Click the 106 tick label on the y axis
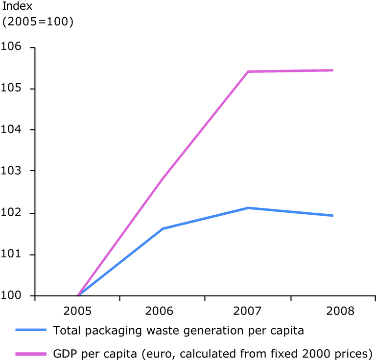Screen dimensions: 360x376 coord(13,47)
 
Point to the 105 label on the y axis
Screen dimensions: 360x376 coord(13,89)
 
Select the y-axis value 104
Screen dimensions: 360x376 coord(13,130)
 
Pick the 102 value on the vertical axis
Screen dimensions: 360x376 coord(13,213)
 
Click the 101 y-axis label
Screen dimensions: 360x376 coord(13,255)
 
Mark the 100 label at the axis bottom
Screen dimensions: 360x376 coord(13,296)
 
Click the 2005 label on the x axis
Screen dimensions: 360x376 coord(77,311)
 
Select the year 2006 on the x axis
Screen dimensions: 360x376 coord(163,311)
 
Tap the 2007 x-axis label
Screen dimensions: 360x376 coord(248,311)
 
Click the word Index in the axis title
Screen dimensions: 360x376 coord(17,6)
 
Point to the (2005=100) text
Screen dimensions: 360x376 coord(38,22)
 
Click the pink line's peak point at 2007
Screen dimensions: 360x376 coord(248,71)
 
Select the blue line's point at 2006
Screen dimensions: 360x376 coord(163,228)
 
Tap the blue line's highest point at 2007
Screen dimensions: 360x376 coord(248,208)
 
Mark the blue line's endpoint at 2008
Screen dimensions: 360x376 coord(333,215)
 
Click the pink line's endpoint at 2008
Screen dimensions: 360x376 coord(333,70)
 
